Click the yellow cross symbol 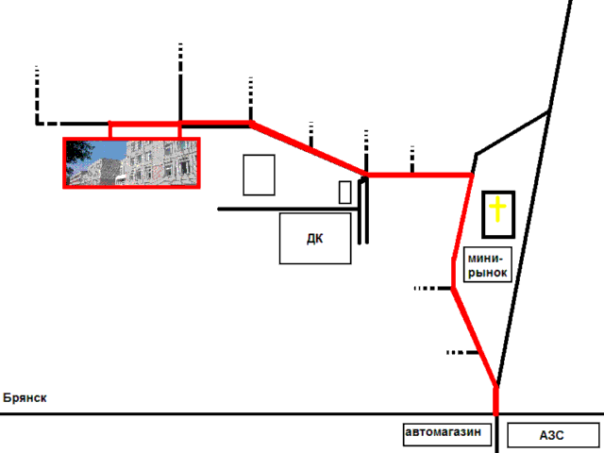[x=497, y=210]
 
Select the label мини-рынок [x=487, y=265]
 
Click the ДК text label [x=314, y=239]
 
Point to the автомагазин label [x=443, y=432]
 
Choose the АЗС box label [x=551, y=435]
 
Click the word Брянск [x=25, y=397]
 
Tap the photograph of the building [x=131, y=163]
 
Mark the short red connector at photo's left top [x=110, y=130]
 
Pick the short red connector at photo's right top [x=179, y=130]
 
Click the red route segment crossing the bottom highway [x=496, y=400]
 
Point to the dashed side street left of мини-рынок [x=432, y=288]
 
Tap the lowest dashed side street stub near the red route [x=462, y=352]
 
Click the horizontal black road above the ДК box [x=288, y=210]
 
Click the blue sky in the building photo [x=109, y=150]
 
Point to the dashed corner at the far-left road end [x=38, y=124]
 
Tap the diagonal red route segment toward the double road [x=309, y=149]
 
